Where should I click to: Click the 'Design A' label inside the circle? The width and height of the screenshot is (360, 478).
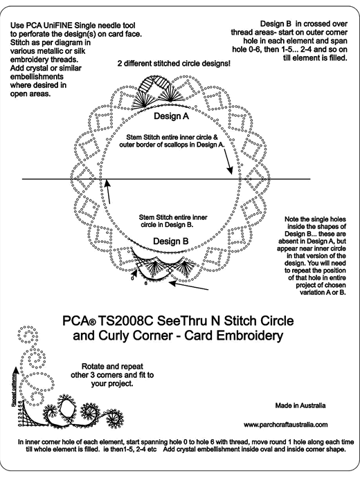click(x=171, y=116)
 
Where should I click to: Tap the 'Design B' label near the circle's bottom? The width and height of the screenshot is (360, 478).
click(x=171, y=241)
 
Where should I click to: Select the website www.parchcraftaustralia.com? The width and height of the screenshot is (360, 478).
click(x=285, y=425)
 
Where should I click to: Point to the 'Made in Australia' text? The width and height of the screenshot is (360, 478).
click(x=300, y=405)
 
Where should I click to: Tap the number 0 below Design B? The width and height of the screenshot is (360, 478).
click(x=132, y=277)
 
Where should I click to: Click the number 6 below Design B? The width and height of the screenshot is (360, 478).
click(x=146, y=284)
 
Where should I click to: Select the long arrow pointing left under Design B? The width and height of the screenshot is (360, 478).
click(x=188, y=286)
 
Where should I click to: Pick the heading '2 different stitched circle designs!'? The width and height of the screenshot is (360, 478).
click(x=174, y=64)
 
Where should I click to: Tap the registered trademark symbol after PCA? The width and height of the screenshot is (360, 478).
click(x=93, y=322)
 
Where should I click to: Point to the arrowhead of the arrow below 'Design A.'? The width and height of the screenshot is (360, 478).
click(x=230, y=171)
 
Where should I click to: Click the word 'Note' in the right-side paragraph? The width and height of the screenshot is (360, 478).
click(x=291, y=219)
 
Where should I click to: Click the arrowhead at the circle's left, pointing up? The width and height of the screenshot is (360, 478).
click(x=106, y=183)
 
